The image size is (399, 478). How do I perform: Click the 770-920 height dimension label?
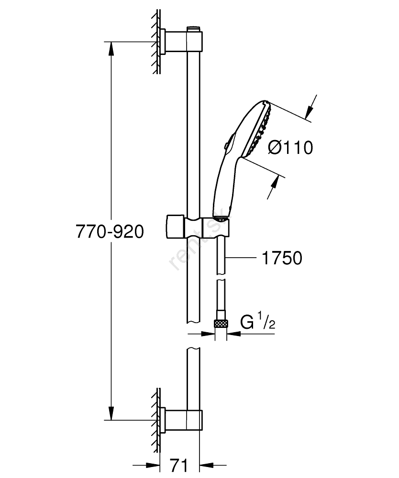click(110, 232)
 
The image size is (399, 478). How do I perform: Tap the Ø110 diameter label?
click(290, 148)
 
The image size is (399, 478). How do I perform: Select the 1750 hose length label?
click(282, 259)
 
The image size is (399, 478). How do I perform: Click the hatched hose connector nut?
click(221, 324)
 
